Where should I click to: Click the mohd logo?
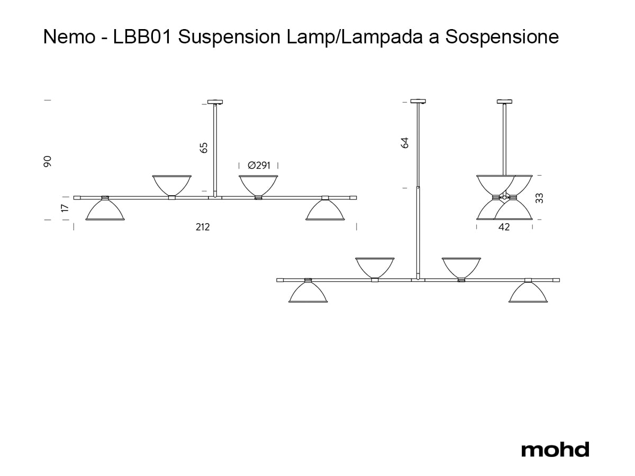tap(555, 450)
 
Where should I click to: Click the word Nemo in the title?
tap(69, 36)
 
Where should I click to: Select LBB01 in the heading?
tap(142, 36)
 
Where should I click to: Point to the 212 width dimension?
tap(203, 227)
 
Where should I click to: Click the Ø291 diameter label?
tap(259, 166)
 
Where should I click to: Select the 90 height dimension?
tap(48, 161)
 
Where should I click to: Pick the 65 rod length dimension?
tap(204, 148)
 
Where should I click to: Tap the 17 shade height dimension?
tap(66, 208)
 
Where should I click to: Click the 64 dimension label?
tap(405, 143)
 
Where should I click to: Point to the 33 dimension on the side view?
tap(539, 198)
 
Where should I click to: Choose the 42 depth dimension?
tap(504, 227)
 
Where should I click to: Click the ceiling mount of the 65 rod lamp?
tap(215, 102)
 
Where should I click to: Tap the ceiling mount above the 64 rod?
tap(418, 101)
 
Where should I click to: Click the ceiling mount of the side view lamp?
tap(504, 102)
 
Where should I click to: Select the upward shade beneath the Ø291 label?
tap(258, 185)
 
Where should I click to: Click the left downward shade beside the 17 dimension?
tap(105, 209)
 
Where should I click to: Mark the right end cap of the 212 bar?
tap(353, 198)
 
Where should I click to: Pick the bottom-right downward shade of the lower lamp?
tap(528, 292)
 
